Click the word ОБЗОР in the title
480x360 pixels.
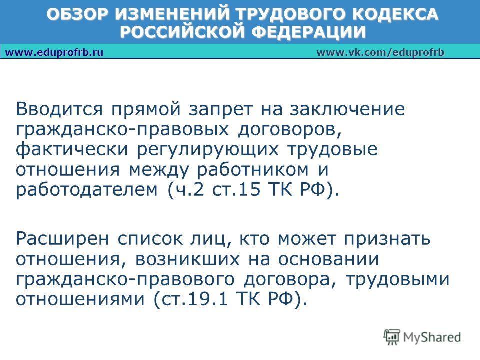(77, 14)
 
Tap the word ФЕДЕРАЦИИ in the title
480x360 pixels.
(309, 32)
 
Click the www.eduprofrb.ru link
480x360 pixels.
(54, 52)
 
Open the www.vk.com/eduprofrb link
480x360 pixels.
(380, 52)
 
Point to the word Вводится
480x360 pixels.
(59, 109)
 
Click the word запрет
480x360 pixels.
(221, 110)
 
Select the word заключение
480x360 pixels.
(348, 109)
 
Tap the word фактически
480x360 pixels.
(72, 150)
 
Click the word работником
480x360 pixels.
(252, 170)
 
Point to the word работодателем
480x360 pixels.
(87, 190)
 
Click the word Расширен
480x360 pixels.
(62, 239)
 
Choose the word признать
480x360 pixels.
(387, 239)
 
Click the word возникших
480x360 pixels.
(187, 260)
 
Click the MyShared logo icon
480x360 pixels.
(392, 337)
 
